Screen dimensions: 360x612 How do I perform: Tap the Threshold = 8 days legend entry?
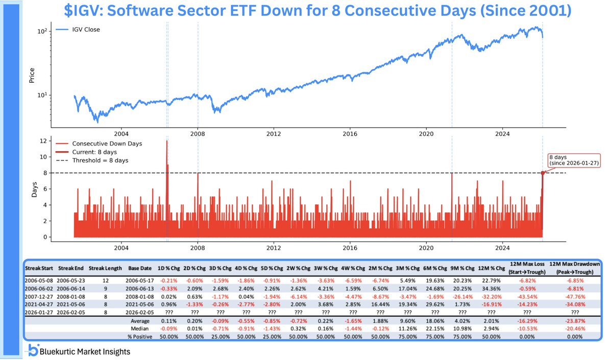coord(100,160)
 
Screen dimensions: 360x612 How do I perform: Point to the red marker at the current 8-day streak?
coord(543,173)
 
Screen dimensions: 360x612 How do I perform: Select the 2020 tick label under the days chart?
coord(426,248)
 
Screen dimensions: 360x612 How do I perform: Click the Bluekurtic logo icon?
coord(33,351)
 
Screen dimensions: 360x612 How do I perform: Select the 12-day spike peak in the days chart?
coord(167,141)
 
